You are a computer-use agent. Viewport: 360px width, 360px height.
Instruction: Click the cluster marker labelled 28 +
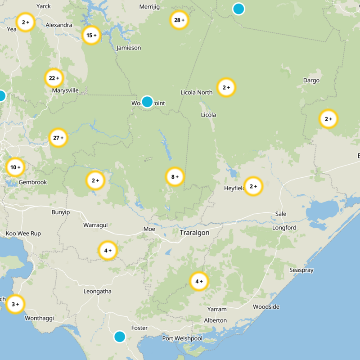coord(179,20)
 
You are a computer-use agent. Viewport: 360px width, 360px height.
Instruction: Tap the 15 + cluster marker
coord(91,35)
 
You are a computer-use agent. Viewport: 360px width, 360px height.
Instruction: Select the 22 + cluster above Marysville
coord(54,78)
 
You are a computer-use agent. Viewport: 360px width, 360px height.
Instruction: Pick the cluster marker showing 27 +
coord(58,138)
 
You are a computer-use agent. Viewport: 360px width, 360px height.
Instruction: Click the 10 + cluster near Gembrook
coord(15,167)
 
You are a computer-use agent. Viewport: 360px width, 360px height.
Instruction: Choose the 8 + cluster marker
coord(175,177)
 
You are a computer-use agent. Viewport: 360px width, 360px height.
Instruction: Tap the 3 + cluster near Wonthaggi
coord(15,304)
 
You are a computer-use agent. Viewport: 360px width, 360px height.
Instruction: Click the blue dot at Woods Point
coord(147,102)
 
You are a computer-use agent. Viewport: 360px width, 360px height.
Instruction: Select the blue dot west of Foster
coord(120,337)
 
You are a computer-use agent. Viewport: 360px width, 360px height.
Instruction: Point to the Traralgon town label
coord(194,233)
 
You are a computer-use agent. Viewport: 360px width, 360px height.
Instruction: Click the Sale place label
coord(280,214)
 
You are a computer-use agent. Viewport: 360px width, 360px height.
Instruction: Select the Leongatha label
coord(97,291)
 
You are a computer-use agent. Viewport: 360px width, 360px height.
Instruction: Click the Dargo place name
coord(311,81)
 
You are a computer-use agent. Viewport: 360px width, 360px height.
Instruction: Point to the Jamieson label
coord(129,48)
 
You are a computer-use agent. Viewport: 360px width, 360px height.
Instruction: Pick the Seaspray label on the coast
coord(301,270)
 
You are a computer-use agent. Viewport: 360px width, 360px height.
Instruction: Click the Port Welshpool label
coord(182,338)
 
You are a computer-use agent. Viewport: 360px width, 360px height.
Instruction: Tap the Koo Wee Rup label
coord(23,234)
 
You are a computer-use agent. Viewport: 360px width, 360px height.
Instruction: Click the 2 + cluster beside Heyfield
coord(253,186)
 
